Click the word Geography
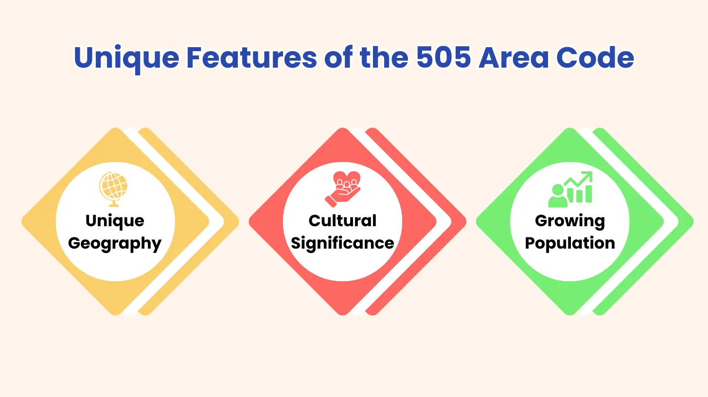pos(115,243)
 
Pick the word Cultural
pos(342,220)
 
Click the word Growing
pos(570,220)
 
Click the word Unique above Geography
pos(115,220)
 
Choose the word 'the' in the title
pos(385,58)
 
